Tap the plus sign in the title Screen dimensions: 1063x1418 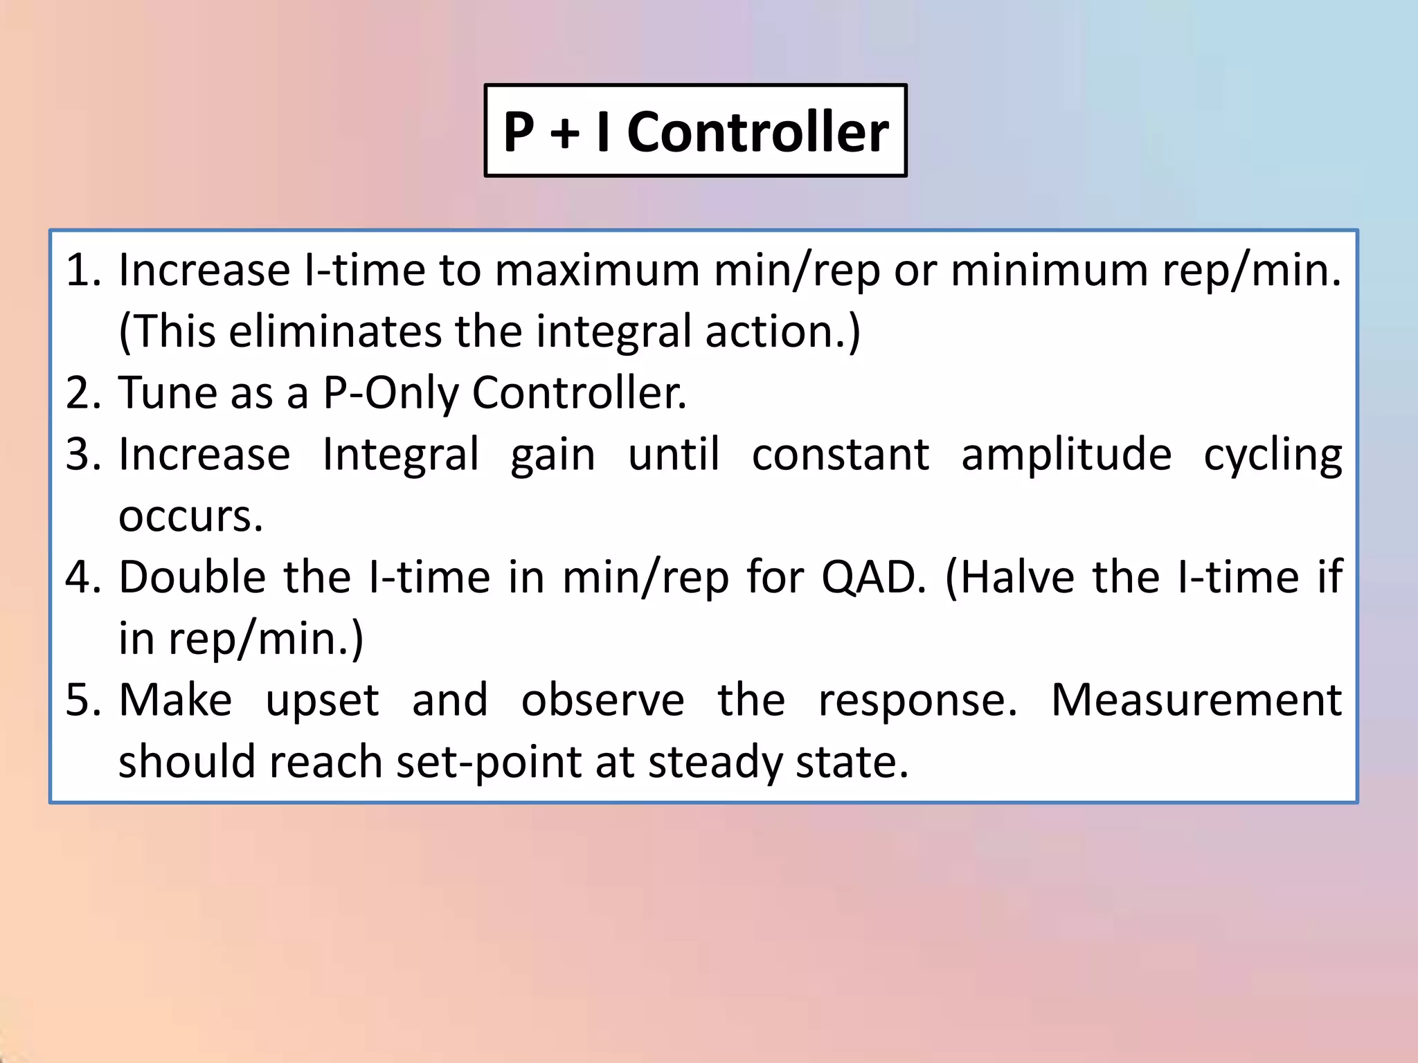pos(565,133)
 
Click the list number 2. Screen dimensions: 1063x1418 pos(83,392)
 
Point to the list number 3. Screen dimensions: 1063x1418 pos(83,454)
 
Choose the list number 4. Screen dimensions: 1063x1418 pos(83,576)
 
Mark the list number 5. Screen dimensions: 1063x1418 pos(83,700)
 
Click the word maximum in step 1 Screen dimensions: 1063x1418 pos(597,269)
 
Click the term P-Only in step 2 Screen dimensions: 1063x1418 pos(391,392)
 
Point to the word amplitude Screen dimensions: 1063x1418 pos(1066,454)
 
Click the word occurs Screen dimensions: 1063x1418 pos(191,516)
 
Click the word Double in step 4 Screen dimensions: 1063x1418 pos(192,576)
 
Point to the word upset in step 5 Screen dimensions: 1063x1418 pos(323,701)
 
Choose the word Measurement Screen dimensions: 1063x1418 pos(1196,700)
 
